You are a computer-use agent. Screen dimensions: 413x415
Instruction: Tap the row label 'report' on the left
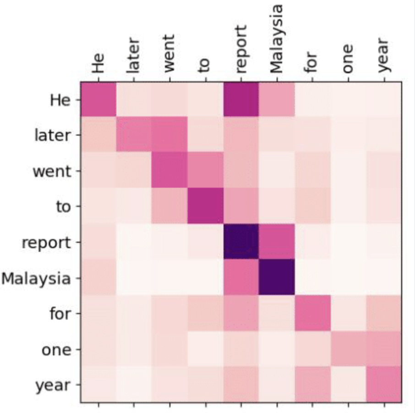[46, 243]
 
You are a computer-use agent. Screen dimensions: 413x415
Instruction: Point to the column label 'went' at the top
[169, 53]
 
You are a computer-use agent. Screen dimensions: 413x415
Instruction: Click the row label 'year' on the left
[53, 386]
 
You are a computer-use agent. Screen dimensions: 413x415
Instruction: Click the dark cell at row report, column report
[241, 242]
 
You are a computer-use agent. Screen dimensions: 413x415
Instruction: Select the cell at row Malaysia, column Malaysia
[277, 278]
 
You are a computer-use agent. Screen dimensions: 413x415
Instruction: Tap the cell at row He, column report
[241, 100]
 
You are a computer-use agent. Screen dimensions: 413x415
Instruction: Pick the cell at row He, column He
[98, 100]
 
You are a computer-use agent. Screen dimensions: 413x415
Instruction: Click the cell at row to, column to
[205, 206]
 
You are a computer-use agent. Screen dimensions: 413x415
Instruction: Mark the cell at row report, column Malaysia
[277, 242]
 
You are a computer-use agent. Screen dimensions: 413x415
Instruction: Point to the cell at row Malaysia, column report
[241, 278]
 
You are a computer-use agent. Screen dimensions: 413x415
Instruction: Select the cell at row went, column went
[169, 171]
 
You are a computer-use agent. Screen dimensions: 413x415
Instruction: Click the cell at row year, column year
[384, 385]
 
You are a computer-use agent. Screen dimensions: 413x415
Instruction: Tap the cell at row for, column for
[312, 314]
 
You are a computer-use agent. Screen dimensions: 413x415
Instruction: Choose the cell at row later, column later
[134, 136]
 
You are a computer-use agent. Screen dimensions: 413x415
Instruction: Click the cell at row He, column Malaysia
[277, 100]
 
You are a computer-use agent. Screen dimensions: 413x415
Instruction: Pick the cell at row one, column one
[348, 349]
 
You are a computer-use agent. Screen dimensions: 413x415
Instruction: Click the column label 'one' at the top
[348, 58]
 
